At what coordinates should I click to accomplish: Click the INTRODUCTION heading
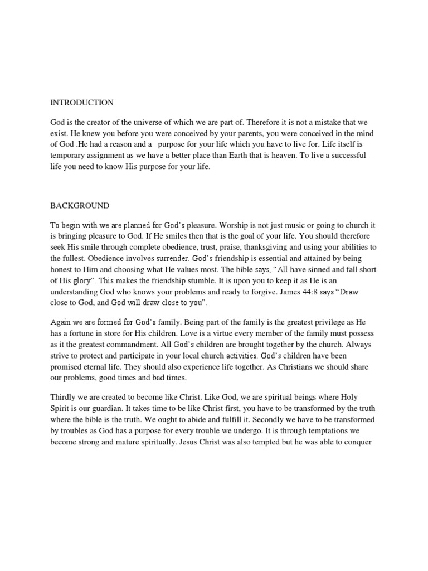point(82,103)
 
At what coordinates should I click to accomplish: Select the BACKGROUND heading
point(80,206)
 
